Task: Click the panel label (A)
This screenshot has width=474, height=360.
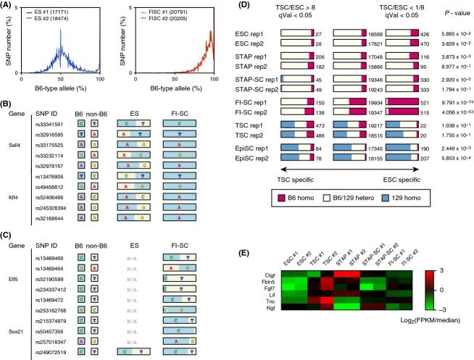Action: [x=9, y=6]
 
